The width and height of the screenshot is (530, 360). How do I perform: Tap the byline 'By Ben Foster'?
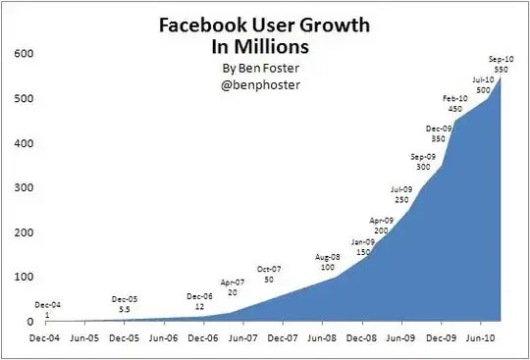(264, 69)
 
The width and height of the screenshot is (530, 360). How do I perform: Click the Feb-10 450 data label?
(454, 104)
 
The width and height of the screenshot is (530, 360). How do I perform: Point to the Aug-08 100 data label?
(329, 262)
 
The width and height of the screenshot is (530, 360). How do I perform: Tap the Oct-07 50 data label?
(269, 276)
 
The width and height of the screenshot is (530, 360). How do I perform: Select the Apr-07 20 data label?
(232, 287)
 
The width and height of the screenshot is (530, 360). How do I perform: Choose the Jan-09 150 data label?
(363, 246)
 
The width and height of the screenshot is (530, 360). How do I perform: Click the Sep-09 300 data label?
(424, 162)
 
